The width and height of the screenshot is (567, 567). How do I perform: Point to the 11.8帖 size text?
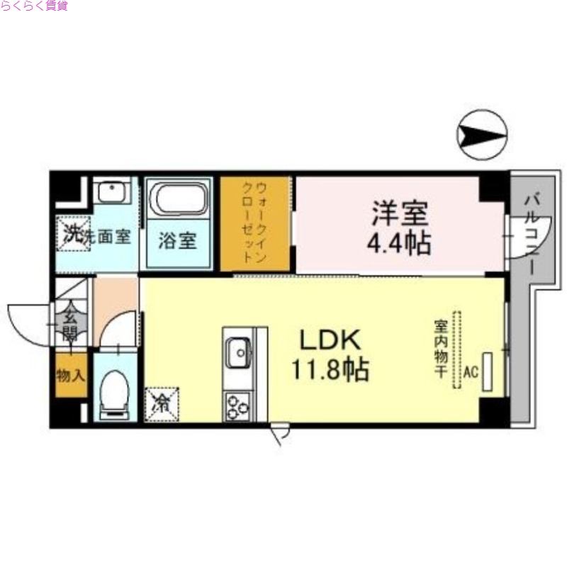(x=330, y=369)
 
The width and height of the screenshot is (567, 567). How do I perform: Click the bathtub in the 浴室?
(x=179, y=198)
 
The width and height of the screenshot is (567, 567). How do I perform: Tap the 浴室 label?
(x=177, y=240)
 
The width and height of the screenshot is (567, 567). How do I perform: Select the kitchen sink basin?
(x=237, y=349)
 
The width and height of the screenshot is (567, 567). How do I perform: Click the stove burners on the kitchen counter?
(x=236, y=406)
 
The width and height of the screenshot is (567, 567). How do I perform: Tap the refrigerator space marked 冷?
(x=162, y=403)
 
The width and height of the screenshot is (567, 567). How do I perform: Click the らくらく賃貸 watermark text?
(x=34, y=7)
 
